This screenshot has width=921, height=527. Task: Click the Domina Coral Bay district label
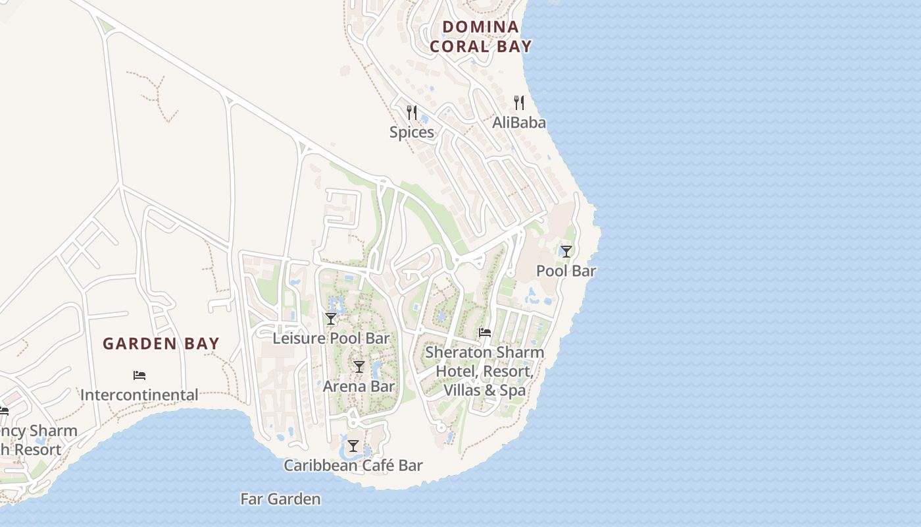480,36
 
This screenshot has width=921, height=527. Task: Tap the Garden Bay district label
161,343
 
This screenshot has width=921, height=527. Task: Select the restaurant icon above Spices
412,113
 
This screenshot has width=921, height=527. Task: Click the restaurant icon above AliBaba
519,103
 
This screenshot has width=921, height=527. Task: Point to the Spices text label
412,132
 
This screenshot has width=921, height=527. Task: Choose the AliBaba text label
519,123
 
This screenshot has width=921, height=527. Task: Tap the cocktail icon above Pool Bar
566,252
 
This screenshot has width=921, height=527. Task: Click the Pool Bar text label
566,271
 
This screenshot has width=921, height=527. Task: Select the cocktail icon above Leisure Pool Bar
331,319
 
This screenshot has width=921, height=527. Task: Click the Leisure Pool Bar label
331,338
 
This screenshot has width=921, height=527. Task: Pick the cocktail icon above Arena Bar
359,367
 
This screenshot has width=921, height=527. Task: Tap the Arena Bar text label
359,386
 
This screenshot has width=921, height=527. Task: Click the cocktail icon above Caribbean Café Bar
353,446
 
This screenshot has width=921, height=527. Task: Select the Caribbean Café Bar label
353,465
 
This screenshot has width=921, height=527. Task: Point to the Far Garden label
281,499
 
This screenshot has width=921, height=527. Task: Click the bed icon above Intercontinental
139,375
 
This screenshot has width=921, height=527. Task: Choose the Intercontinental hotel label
139,395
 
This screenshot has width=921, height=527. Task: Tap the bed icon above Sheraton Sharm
485,333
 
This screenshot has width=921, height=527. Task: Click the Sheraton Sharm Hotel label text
485,352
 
